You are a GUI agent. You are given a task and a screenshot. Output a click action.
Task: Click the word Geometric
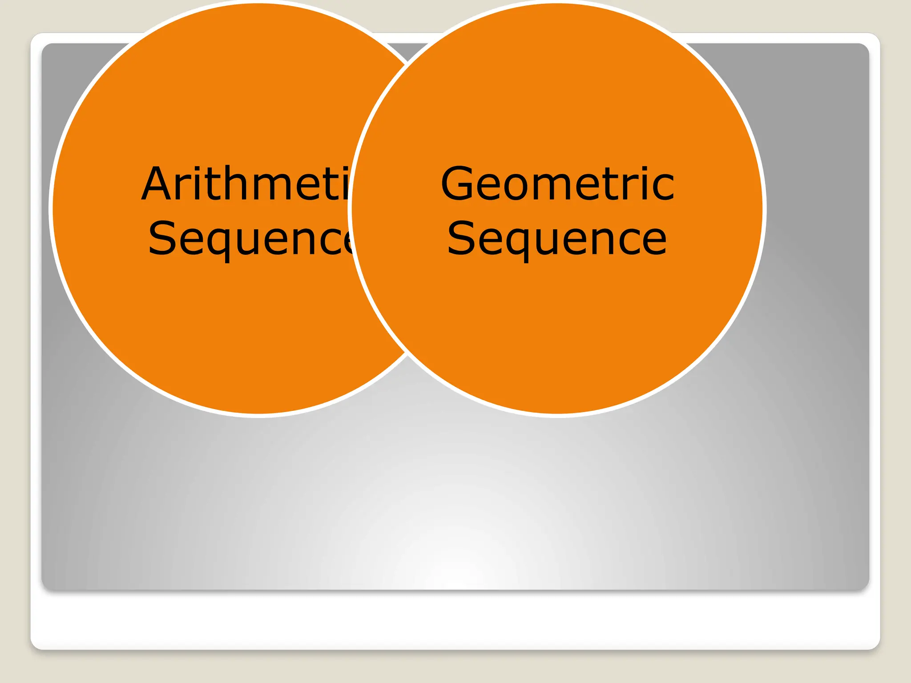point(557,183)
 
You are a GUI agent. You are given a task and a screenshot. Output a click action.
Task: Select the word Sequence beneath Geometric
point(557,239)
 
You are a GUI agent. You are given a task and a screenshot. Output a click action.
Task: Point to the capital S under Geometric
point(461,239)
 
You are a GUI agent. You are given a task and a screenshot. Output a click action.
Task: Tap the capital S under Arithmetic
point(163,239)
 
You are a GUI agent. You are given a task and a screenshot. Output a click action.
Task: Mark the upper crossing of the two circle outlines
point(408,64)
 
